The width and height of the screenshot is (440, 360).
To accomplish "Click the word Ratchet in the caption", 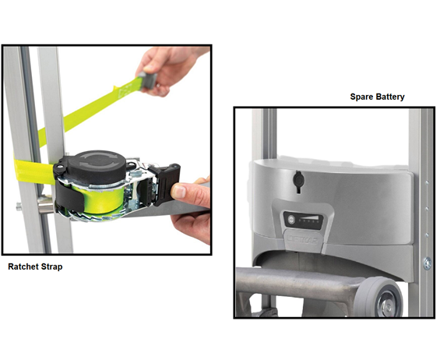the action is (23, 266).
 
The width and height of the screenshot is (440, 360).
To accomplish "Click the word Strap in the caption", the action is (52, 266).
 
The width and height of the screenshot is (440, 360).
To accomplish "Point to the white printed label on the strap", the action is (124, 93).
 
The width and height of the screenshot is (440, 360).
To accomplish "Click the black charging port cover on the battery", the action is (298, 181).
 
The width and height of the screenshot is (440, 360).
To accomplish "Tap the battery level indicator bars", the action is (308, 220).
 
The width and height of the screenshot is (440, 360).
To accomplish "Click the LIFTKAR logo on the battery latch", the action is (303, 239).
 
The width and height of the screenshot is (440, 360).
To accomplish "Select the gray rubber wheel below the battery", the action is (378, 297).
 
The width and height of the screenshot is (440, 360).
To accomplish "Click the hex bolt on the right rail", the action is (427, 263).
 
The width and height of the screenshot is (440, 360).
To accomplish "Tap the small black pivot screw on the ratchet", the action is (58, 168).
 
